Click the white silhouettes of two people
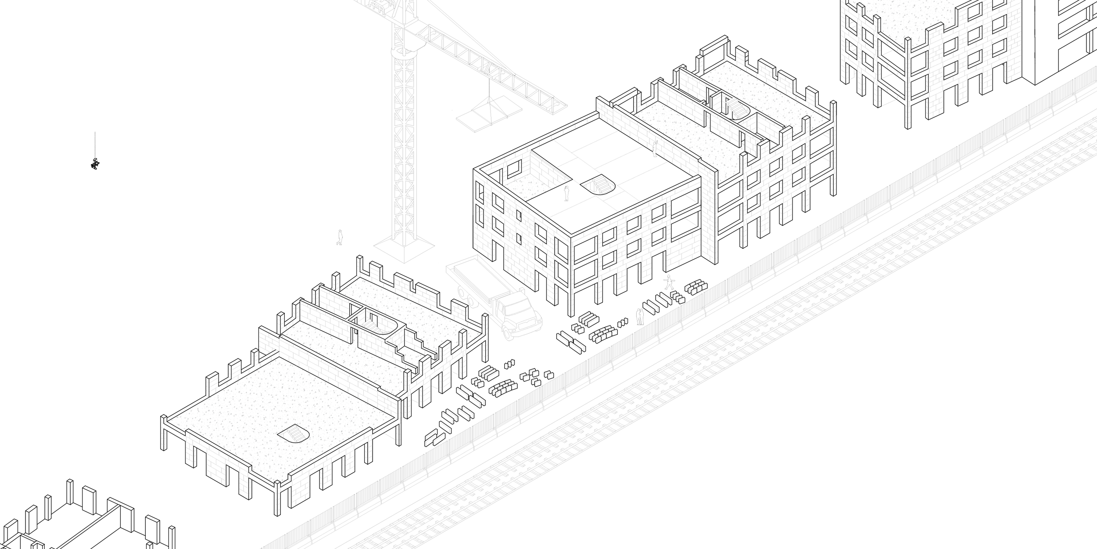pyautogui.click(x=640, y=317)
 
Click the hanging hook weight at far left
pyautogui.click(x=95, y=164)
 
